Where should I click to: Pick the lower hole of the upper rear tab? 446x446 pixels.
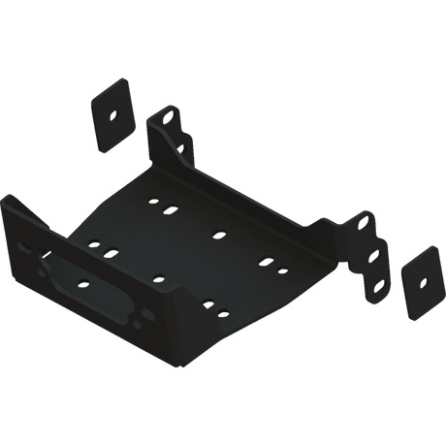(181, 145)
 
